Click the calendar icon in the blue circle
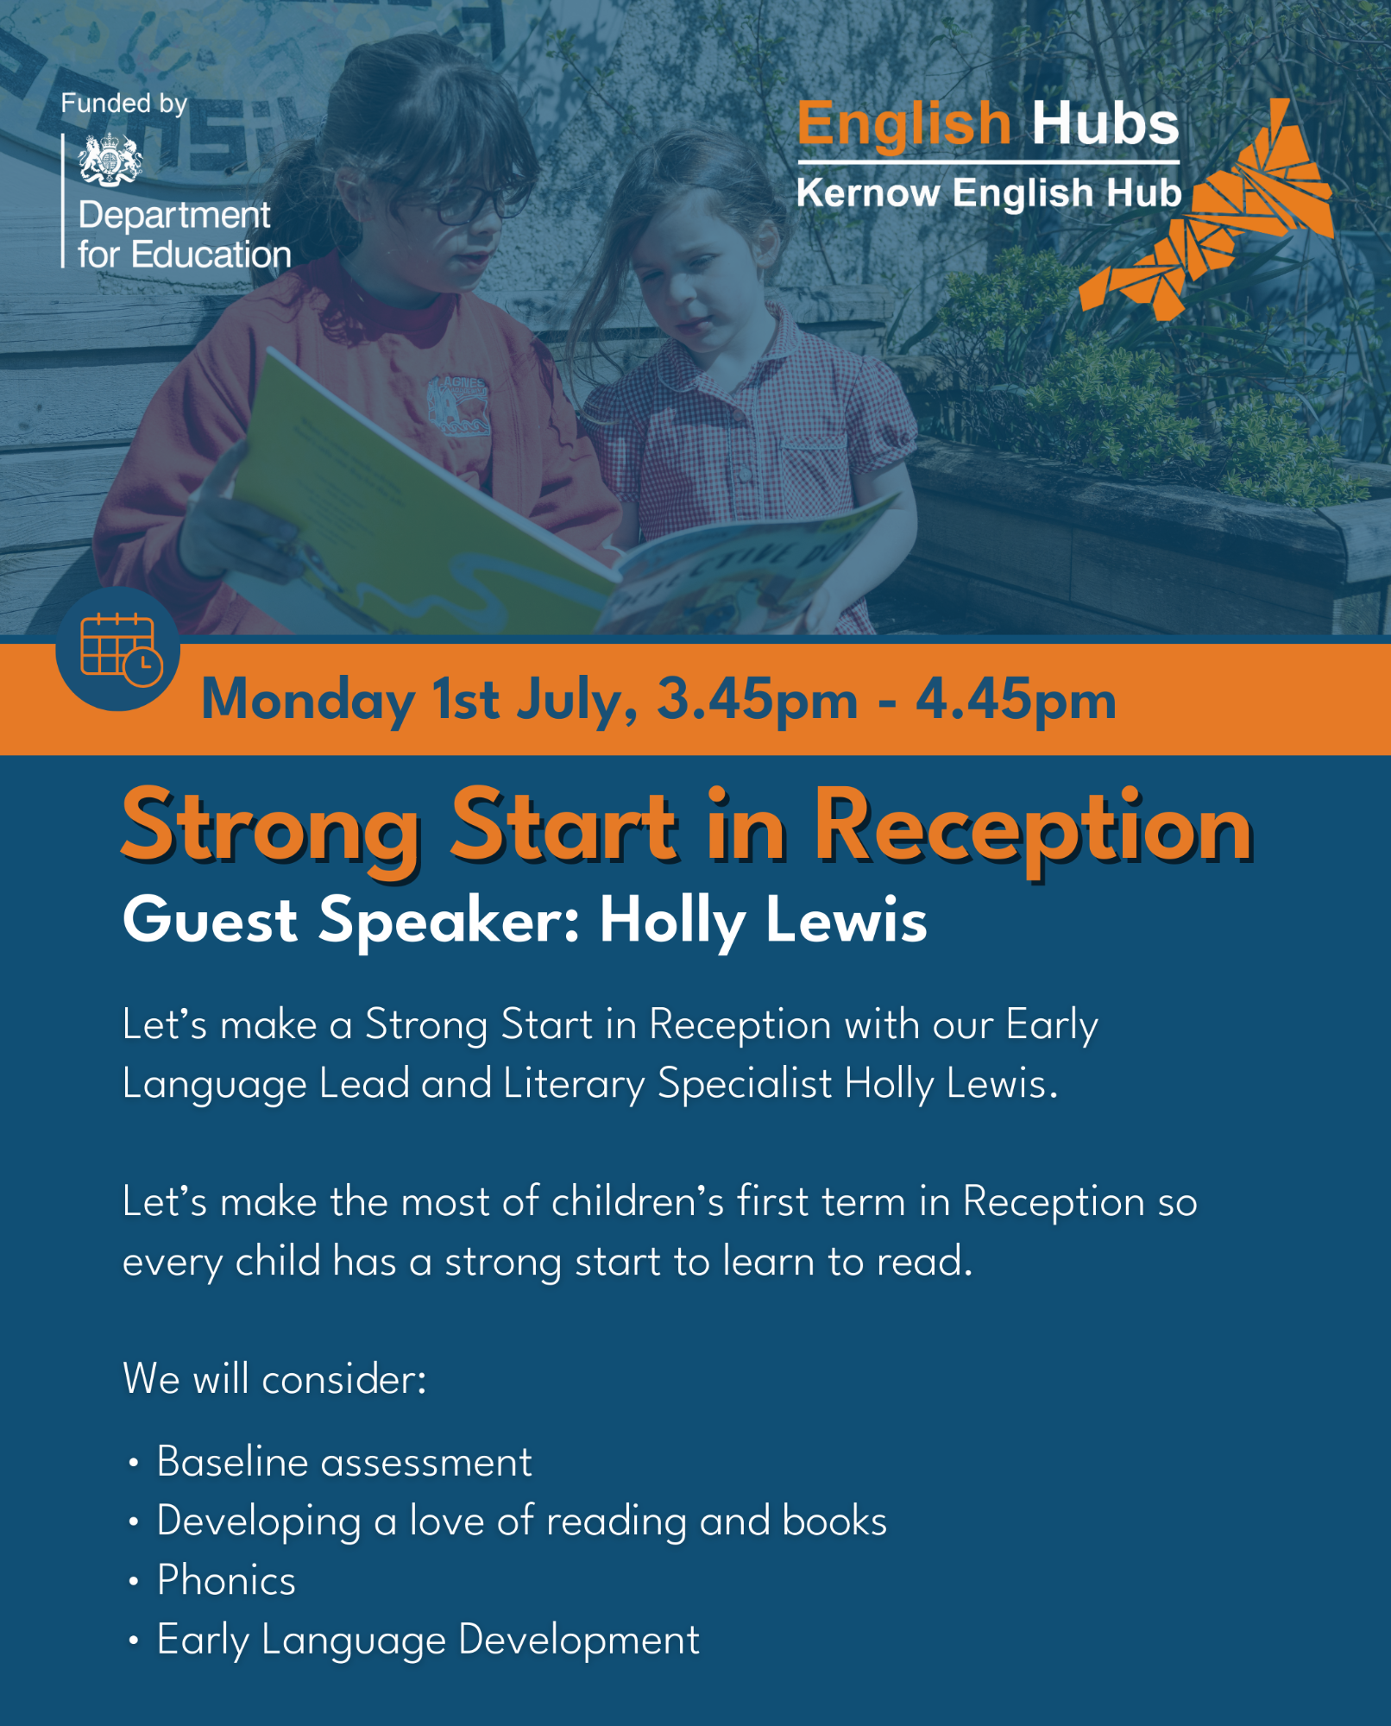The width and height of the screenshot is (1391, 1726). point(120,649)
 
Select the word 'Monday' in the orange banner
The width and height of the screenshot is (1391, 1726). point(308,699)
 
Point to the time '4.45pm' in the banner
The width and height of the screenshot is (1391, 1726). point(1016,699)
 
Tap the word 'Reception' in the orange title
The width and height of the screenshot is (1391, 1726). point(1033,828)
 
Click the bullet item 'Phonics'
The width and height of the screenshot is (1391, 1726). point(226,1580)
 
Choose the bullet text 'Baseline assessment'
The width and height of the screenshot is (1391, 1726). point(343,1462)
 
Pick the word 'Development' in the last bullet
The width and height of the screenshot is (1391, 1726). point(579,1640)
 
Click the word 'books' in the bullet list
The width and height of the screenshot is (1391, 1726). point(834,1521)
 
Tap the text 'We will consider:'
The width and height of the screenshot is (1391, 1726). point(274,1378)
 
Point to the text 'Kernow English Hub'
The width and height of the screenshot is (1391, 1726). point(989,192)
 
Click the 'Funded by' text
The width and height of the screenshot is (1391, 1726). point(123,104)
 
